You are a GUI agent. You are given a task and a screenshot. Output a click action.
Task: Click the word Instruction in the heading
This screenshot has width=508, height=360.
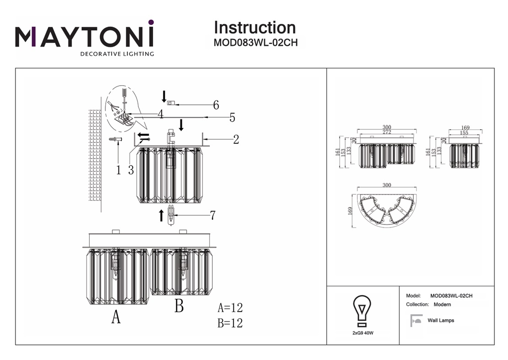(255, 27)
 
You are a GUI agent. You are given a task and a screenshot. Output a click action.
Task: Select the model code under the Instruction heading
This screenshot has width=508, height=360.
(255, 43)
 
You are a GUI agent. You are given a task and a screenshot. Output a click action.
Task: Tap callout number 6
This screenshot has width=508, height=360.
(216, 105)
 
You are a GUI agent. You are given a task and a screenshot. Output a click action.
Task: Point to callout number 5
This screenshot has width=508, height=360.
(232, 118)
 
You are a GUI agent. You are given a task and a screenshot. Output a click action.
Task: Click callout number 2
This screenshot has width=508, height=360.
(236, 140)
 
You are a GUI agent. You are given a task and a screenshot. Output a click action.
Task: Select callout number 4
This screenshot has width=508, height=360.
(160, 114)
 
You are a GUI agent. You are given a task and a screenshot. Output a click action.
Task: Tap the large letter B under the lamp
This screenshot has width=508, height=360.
(179, 305)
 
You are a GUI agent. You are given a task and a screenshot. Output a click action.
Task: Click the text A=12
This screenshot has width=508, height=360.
(230, 308)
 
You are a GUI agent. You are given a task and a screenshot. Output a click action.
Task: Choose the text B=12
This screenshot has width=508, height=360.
(230, 323)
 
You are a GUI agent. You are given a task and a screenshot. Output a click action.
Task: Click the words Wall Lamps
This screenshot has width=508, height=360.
(441, 321)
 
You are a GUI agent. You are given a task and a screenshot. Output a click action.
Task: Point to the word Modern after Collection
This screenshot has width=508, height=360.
(442, 305)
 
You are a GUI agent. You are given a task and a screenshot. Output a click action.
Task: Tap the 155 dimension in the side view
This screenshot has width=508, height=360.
(465, 133)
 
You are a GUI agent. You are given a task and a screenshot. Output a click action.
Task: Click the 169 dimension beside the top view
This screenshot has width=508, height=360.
(350, 211)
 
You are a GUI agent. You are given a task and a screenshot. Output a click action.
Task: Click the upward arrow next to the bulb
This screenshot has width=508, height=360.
(161, 215)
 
